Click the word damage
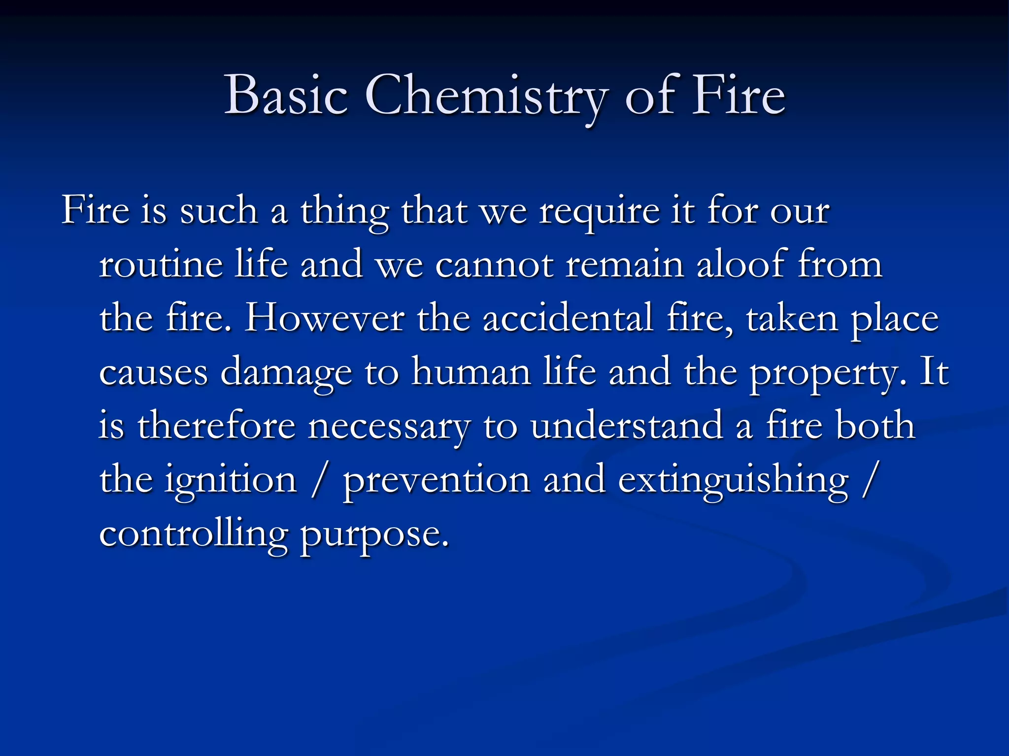pos(286,373)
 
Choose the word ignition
pos(230,481)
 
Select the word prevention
pos(437,481)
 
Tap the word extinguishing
pos(734,481)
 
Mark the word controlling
pos(193,535)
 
